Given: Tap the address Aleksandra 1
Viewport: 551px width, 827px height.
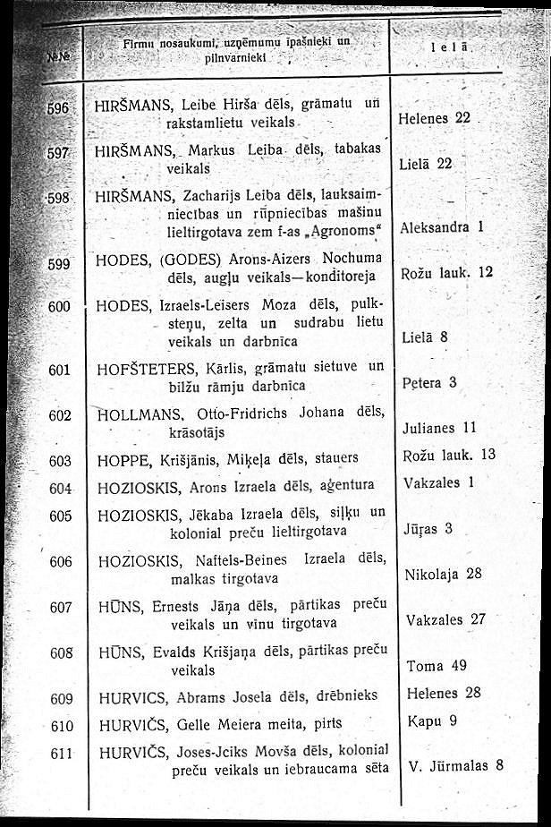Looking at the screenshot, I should coord(442,227).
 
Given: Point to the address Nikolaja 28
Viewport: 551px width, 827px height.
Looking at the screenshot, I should coord(444,573).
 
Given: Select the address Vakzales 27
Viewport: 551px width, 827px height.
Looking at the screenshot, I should coord(445,619).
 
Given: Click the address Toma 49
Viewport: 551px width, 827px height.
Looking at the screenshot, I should coord(437,666).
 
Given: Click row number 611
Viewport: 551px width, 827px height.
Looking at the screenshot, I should coord(60,754).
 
